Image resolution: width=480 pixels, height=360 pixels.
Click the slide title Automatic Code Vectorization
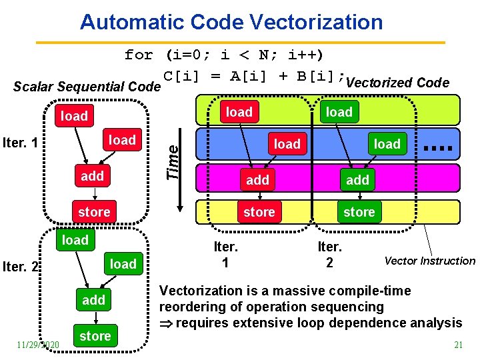pyautogui.click(x=231, y=22)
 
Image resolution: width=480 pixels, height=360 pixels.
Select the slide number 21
pyautogui.click(x=458, y=345)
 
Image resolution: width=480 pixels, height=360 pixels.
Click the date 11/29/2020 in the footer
pyautogui.click(x=38, y=344)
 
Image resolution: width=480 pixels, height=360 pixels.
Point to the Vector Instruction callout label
pyautogui.click(x=430, y=261)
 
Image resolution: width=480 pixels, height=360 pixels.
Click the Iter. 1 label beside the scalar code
pyautogui.click(x=21, y=143)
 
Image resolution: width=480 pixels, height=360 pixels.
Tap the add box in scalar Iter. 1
pyautogui.click(x=93, y=175)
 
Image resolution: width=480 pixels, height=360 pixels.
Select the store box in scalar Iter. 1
pyautogui.click(x=94, y=211)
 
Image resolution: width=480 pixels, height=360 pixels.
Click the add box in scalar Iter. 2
pyautogui.click(x=93, y=300)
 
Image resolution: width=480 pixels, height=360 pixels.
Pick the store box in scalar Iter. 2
pyautogui.click(x=95, y=336)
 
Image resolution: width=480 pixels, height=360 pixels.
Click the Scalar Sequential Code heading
pyautogui.click(x=87, y=87)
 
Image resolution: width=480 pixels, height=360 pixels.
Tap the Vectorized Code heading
pyautogui.click(x=398, y=83)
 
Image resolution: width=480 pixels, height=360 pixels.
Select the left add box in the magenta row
pyautogui.click(x=258, y=179)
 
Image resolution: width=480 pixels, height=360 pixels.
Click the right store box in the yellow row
pyautogui.click(x=359, y=212)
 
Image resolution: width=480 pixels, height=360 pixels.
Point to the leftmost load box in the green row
pyautogui.click(x=239, y=111)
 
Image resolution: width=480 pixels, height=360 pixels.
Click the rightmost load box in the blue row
pyautogui.click(x=387, y=144)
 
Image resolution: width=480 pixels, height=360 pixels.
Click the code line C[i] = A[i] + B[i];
pyautogui.click(x=254, y=75)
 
